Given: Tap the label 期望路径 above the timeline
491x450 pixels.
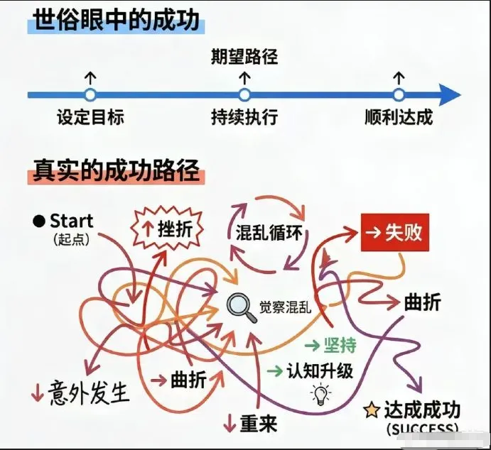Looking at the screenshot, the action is coord(244,56).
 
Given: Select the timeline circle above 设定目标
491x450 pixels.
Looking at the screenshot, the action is coord(90,94).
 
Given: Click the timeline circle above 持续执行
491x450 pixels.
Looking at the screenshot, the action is coord(244,94).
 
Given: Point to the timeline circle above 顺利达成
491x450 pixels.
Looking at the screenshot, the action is coord(399,94).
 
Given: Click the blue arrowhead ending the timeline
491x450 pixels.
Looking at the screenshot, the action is coord(449,94).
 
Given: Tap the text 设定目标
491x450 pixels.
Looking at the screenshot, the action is coord(90,116).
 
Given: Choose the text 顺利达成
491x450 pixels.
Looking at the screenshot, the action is coord(398,116).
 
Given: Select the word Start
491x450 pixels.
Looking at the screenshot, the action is coord(72,220).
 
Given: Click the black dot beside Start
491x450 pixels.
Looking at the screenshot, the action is coord(38,221).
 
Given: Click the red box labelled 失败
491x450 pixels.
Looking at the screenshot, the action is coord(395,232).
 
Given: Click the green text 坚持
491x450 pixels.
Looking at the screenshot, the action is coord(339,345).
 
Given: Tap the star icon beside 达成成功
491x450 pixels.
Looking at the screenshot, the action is coord(371,410).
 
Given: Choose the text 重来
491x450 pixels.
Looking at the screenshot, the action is coord(257,424).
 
